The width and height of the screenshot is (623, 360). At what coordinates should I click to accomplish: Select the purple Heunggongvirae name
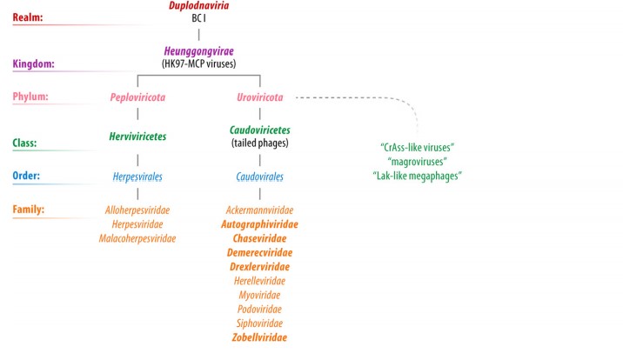click(198, 51)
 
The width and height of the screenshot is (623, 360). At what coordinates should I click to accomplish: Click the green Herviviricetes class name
click(137, 137)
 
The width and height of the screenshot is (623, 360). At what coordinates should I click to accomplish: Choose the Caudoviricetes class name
click(259, 129)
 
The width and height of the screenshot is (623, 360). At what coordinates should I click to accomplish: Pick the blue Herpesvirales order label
click(137, 177)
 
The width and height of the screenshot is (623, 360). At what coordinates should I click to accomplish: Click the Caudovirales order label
click(259, 177)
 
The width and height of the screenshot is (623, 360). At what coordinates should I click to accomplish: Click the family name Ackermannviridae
click(259, 210)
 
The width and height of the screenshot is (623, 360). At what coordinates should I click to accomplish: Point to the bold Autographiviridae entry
click(259, 224)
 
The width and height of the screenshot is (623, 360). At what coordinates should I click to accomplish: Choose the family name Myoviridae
click(259, 295)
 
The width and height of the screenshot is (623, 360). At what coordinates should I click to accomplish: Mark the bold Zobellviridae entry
click(259, 337)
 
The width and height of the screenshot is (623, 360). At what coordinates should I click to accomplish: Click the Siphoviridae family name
click(259, 323)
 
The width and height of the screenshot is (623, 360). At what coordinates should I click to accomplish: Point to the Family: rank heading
click(31, 210)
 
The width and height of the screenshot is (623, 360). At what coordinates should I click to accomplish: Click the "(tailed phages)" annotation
click(259, 142)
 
